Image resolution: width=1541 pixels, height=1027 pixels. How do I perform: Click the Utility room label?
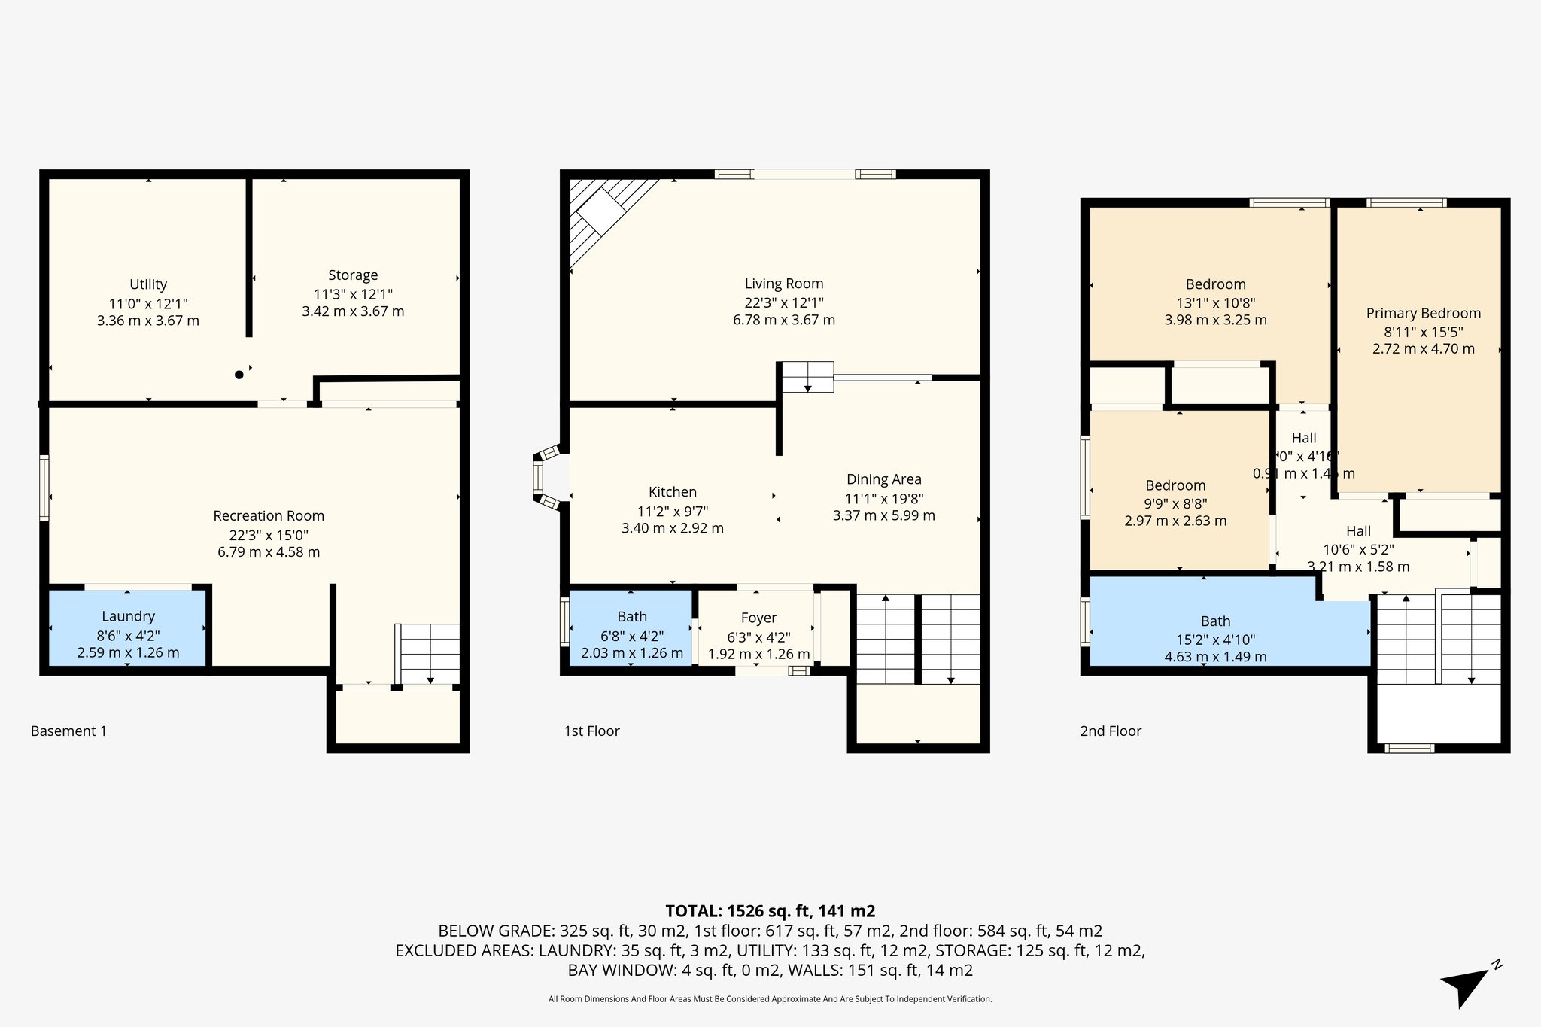(148, 284)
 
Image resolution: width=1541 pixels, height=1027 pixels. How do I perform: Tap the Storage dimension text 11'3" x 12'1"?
(353, 294)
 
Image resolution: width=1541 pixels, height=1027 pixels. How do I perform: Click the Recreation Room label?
(269, 516)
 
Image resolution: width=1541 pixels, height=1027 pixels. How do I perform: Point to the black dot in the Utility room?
(239, 375)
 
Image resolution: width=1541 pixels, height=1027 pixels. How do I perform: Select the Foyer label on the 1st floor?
(758, 618)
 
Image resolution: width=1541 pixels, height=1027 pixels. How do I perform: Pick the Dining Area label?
(883, 479)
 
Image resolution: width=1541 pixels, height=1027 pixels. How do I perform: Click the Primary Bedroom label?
(1423, 314)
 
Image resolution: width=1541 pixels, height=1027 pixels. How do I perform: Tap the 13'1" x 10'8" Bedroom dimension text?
(1215, 303)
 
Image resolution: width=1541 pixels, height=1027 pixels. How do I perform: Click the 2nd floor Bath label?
(1215, 621)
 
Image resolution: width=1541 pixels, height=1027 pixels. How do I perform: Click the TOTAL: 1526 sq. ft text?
(770, 911)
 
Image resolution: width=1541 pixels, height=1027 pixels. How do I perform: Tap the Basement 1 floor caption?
(68, 731)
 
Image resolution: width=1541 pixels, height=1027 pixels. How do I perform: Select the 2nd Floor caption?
(1111, 731)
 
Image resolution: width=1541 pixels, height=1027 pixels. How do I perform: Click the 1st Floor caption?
(591, 731)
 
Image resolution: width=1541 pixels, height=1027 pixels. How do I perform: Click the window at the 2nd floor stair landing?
(1409, 748)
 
